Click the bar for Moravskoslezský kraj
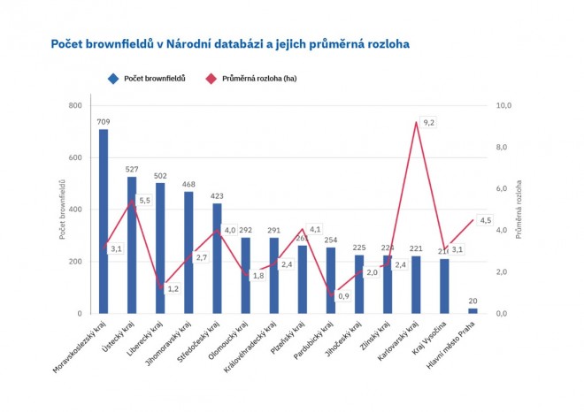pos(104,221)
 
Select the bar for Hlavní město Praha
pos(473,310)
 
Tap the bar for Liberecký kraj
pos(160,248)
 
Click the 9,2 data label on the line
pos(429,122)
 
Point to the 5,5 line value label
pos(145,201)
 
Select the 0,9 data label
pos(343,296)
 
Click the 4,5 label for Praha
pos(485,220)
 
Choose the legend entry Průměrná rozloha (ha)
pos(258,79)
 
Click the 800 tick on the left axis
pos(74,106)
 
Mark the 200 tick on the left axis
pos(74,262)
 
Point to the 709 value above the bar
pos(104,122)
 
